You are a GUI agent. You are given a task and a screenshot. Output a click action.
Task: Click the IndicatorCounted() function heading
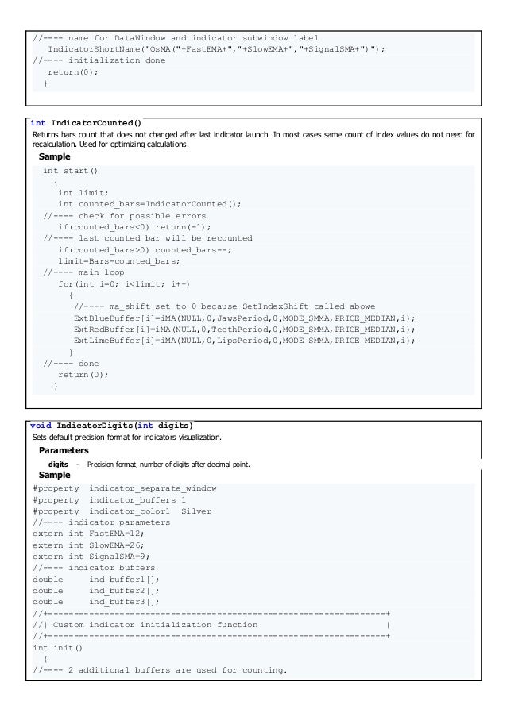click(85, 123)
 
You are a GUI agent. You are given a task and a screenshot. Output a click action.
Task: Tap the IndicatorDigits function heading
click(110, 425)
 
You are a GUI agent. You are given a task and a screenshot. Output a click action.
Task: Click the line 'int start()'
click(72, 171)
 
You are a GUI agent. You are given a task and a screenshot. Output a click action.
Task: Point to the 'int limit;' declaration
click(83, 193)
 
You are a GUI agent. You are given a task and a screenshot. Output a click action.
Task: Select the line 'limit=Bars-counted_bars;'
click(118, 260)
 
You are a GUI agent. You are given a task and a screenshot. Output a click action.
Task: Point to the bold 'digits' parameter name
click(58, 463)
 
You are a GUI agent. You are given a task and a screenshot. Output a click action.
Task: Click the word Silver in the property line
click(196, 511)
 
